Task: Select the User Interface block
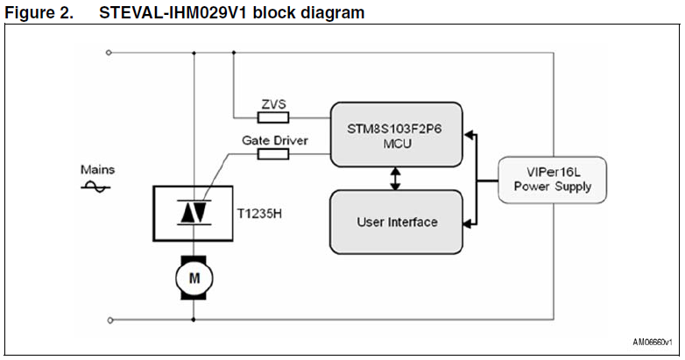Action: [x=396, y=222]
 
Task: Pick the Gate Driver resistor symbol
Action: [x=272, y=154]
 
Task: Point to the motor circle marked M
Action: [x=194, y=278]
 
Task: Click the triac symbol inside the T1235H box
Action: [x=194, y=210]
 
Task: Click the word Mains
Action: [x=97, y=170]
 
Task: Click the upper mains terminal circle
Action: [x=109, y=53]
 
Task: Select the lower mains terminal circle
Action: [x=109, y=320]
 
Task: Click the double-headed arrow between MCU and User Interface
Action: [x=396, y=178]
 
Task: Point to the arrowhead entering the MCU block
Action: [x=469, y=134]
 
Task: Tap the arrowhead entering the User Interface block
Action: [x=469, y=222]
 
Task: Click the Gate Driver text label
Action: [x=274, y=140]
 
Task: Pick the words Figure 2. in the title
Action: [x=37, y=13]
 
